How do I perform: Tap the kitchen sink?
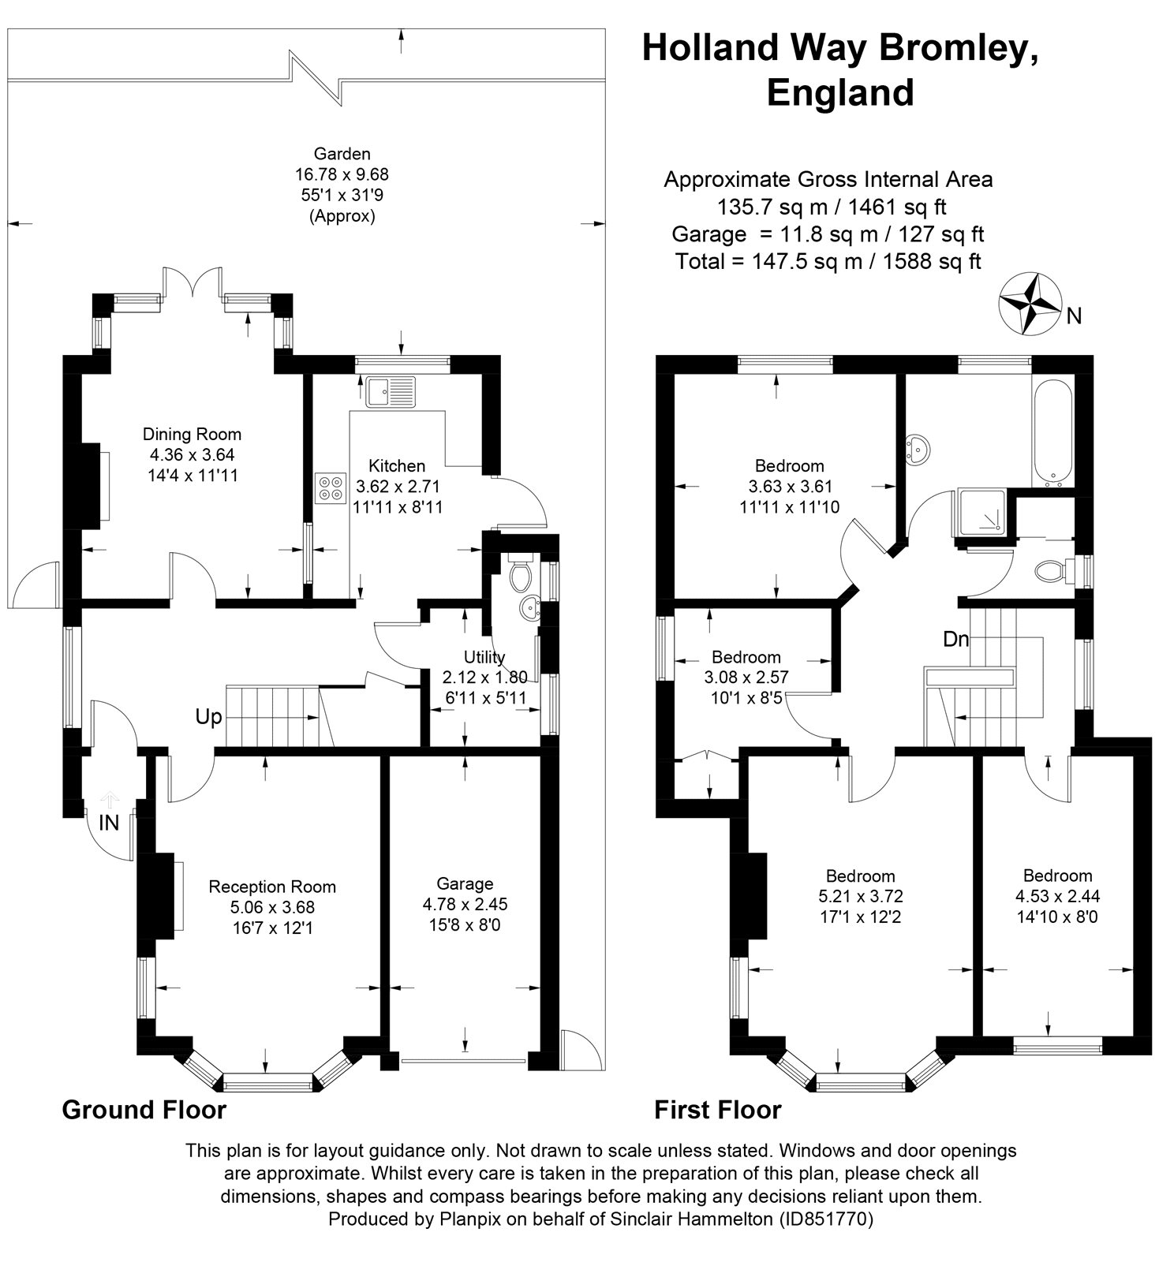pyautogui.click(x=391, y=390)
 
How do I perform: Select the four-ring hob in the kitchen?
pyautogui.click(x=330, y=487)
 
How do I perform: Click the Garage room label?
pyautogui.click(x=465, y=883)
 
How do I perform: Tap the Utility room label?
pyautogui.click(x=484, y=657)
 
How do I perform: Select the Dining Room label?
pyautogui.click(x=192, y=434)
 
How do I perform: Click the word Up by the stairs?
pyautogui.click(x=209, y=717)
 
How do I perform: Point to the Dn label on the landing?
pyautogui.click(x=956, y=639)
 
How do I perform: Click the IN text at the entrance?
pyautogui.click(x=109, y=823)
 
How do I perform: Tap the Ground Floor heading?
pyautogui.click(x=144, y=1110)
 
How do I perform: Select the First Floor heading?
pyautogui.click(x=717, y=1110)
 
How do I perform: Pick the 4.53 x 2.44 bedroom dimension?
pyautogui.click(x=1057, y=896)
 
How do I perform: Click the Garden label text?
pyautogui.click(x=342, y=153)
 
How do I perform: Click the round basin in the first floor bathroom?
pyautogui.click(x=918, y=449)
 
